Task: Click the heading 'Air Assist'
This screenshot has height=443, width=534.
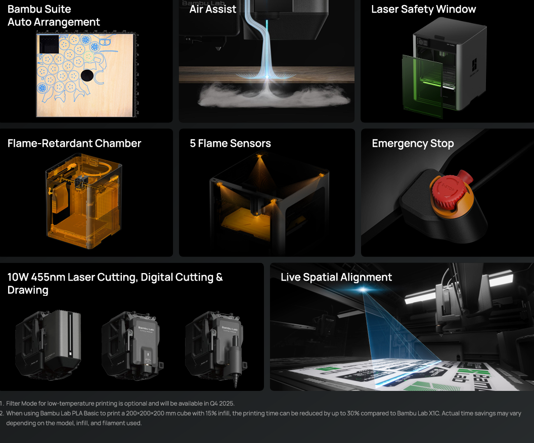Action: coord(212,9)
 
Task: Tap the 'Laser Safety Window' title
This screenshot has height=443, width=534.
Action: coord(423,9)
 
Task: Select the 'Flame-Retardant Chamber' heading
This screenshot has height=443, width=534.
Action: coord(74,143)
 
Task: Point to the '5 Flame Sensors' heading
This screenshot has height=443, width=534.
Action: coord(230,143)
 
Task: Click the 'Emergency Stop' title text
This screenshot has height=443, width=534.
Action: coord(413,144)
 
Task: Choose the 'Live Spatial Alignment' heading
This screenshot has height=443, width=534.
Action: coord(336,277)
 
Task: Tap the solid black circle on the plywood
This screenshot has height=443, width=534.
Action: coord(87,75)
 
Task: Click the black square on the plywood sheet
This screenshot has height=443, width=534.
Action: coord(49,44)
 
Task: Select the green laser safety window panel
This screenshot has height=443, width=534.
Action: coord(422,86)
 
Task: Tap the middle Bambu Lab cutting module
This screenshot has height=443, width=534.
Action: coord(132,343)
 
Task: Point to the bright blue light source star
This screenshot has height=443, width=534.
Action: coord(364,290)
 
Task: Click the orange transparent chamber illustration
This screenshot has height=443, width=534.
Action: coord(84,201)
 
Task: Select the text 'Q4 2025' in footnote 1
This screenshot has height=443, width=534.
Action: coord(221,404)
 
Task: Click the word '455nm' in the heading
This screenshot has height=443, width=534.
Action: coord(48,277)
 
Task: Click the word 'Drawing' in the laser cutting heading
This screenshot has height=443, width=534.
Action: coord(28,290)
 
